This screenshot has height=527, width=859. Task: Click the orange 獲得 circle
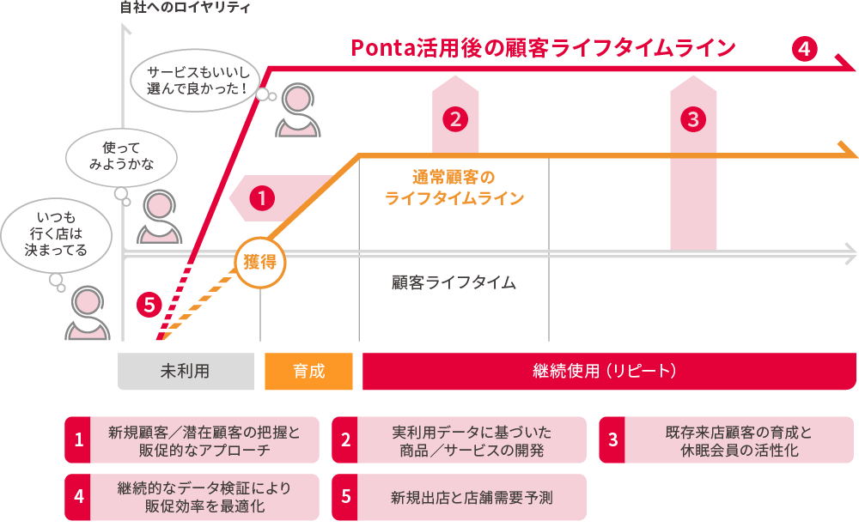(x=259, y=262)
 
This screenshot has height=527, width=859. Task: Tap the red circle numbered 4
(x=804, y=49)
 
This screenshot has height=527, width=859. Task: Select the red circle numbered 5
(x=149, y=303)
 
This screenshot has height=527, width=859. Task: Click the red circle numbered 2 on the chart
(x=454, y=118)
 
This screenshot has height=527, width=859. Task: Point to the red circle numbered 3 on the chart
(x=693, y=118)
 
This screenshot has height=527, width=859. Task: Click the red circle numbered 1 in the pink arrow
(x=261, y=198)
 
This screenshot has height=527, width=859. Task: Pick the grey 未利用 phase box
(x=186, y=372)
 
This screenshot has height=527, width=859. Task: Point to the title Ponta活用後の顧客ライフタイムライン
(x=543, y=48)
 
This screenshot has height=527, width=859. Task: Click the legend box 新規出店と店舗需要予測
(x=459, y=497)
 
